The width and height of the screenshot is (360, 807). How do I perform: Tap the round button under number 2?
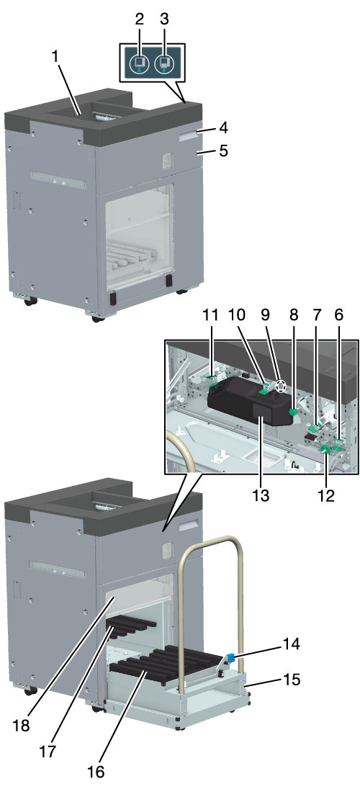point(138,63)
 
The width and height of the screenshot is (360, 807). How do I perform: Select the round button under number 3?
point(164,63)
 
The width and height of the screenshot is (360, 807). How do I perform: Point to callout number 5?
point(223,151)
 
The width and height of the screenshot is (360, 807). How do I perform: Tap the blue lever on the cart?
point(230,657)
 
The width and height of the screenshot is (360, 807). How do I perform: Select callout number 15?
point(290,680)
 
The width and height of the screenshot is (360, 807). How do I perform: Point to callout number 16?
point(96,772)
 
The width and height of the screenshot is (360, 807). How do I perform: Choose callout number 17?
point(49,751)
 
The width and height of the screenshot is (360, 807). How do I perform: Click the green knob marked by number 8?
point(294,412)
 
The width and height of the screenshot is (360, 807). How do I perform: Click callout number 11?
point(211,315)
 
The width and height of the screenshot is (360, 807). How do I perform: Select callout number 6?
point(338,315)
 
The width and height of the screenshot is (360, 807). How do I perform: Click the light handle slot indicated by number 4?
point(189,135)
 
